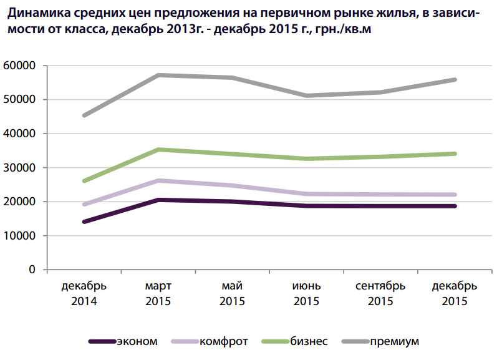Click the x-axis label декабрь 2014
[x=84, y=293]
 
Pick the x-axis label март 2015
[x=158, y=293]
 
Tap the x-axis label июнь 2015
[x=307, y=293]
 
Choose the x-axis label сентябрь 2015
[x=380, y=293]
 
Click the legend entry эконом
[x=137, y=341]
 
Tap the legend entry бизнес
[x=309, y=341]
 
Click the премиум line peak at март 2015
[x=158, y=75]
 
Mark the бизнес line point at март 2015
[x=158, y=150]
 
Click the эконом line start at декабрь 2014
[x=84, y=221]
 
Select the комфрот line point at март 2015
[x=158, y=180]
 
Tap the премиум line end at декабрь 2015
[x=455, y=80]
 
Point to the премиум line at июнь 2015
[x=307, y=95]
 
